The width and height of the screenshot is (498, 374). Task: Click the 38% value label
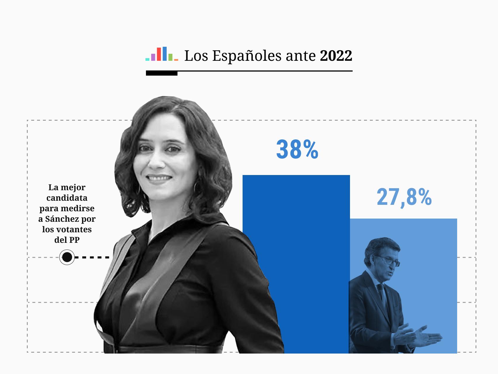pos(297,150)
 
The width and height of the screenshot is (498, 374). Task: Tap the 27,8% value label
pos(404,198)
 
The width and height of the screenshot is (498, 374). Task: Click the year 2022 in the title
pos(336,56)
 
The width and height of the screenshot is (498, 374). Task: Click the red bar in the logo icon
pos(159,54)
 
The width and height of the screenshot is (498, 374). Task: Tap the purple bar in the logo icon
pos(153,57)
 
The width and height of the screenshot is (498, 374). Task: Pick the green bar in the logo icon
pos(170,57)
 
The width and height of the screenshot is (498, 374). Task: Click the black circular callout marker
pos(67,257)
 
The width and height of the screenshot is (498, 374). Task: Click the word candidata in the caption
pos(67,198)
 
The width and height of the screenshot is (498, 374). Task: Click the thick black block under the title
pos(161,73)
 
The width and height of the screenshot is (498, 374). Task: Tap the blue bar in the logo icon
pos(165,54)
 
